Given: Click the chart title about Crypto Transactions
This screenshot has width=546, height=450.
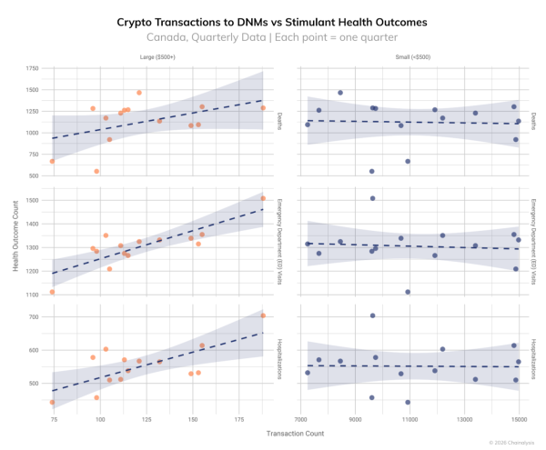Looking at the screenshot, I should [272, 21].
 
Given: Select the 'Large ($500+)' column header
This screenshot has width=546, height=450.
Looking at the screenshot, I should [157, 57].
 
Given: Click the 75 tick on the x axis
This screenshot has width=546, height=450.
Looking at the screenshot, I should [54, 420].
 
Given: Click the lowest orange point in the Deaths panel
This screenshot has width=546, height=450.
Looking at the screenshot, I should [96, 171].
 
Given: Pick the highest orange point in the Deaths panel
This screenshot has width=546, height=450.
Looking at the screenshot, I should [139, 93].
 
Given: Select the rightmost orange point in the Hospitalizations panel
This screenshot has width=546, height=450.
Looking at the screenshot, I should [263, 315].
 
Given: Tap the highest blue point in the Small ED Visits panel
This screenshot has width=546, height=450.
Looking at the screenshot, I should [372, 198].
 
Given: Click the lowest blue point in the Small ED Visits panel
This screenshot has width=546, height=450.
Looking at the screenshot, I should [408, 292].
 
